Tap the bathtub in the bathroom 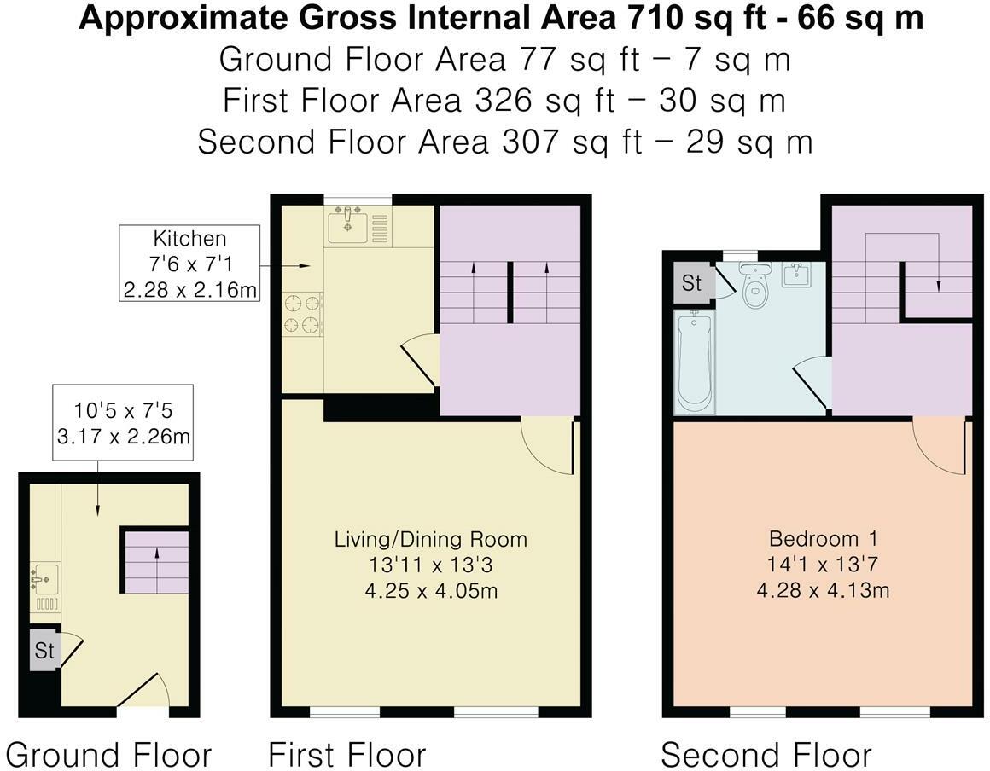coord(694,361)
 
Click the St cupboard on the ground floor coord(44,651)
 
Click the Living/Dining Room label coord(430,539)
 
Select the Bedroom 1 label coord(823,539)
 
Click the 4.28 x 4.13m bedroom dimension coord(823,589)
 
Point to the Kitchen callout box coord(189,264)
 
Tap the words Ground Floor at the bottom coord(108,755)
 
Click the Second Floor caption coord(766,755)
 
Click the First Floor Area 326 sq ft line coord(504,101)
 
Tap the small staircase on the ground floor coord(156,561)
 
